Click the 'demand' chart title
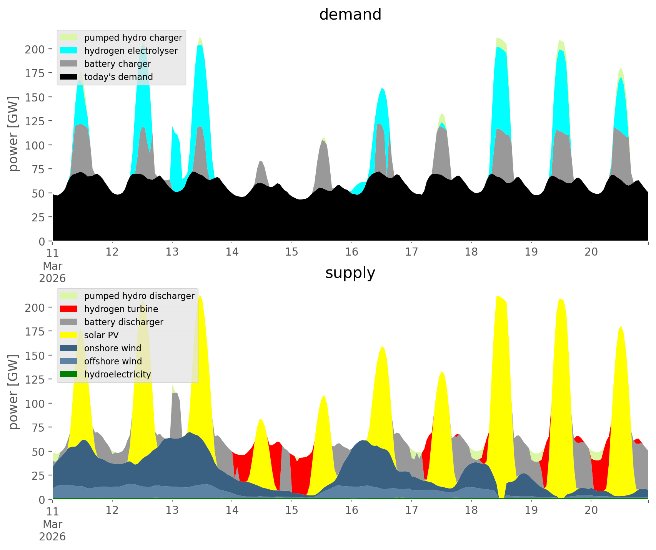(350, 15)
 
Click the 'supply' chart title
(350, 273)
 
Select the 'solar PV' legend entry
(101, 335)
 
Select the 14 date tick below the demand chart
(232, 252)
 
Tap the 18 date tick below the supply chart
(471, 510)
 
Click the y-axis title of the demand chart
(13, 134)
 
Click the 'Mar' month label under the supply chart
(52, 524)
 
